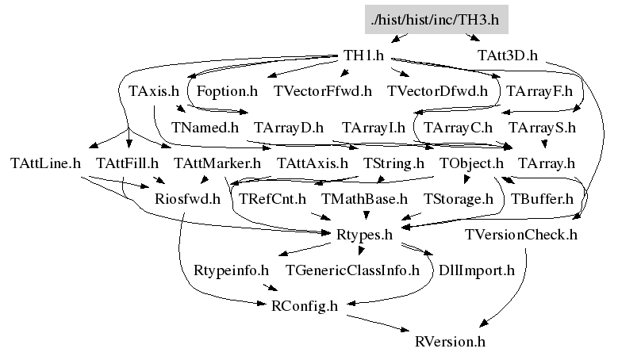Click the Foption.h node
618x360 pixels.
click(x=226, y=91)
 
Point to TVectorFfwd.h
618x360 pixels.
click(x=322, y=91)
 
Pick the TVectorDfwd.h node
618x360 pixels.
click(x=438, y=91)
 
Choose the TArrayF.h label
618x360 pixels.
click(x=539, y=91)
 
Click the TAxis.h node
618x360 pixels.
click(x=154, y=91)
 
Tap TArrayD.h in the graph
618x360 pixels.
click(x=289, y=127)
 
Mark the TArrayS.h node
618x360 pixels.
click(x=543, y=127)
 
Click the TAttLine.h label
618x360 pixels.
click(x=46, y=163)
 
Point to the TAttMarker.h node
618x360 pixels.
click(x=217, y=163)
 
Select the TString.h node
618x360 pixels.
click(x=393, y=163)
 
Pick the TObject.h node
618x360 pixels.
click(x=471, y=163)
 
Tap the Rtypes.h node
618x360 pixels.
click(x=365, y=235)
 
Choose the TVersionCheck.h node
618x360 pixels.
click(x=521, y=235)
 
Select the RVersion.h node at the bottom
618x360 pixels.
click(x=450, y=342)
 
